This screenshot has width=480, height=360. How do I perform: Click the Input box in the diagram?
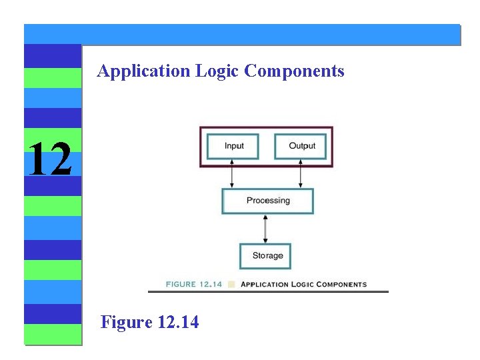tap(233, 147)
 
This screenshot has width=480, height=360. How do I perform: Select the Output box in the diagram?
tap(301, 147)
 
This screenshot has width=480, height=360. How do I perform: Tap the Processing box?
tap(267, 201)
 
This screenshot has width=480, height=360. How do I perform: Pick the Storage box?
tap(266, 256)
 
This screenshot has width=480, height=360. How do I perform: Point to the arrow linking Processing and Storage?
tap(266, 229)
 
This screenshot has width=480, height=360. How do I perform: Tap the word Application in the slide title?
tap(143, 71)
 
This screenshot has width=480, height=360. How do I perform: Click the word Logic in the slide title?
tap(217, 71)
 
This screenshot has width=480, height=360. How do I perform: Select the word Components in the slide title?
tap(294, 71)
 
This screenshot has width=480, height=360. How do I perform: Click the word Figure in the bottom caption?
tap(127, 323)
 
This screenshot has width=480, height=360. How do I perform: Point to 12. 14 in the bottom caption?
tap(178, 323)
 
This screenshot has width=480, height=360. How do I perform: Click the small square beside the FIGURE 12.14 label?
tap(231, 285)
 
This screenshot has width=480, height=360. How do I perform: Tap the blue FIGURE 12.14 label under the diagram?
tap(193, 285)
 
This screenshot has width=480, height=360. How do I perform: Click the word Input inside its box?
tap(234, 146)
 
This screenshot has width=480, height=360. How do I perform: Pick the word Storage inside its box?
tap(267, 256)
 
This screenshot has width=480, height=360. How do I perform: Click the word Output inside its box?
tap(302, 146)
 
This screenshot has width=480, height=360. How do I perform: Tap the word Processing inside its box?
tap(268, 201)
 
